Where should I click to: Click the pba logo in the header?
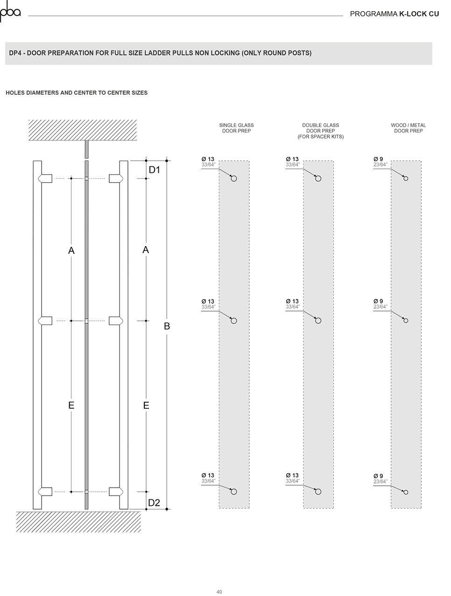(10, 11)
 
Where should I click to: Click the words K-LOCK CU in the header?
(419, 14)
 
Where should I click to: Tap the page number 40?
(219, 589)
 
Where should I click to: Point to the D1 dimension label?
(155, 170)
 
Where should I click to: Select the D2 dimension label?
(154, 503)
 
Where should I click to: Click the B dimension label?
(167, 326)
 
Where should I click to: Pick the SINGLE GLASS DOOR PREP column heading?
(236, 128)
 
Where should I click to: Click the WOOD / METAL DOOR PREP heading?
(408, 128)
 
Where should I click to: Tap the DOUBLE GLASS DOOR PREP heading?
(320, 131)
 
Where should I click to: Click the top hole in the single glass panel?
(233, 178)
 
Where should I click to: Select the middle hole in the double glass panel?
(318, 321)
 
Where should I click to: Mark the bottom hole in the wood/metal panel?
(406, 492)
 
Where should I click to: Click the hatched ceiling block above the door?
(83, 130)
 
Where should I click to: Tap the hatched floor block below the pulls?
(78, 522)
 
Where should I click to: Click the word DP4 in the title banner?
(15, 53)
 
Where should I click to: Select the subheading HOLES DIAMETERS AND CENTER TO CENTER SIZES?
(77, 93)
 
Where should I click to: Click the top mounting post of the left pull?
(45, 178)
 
